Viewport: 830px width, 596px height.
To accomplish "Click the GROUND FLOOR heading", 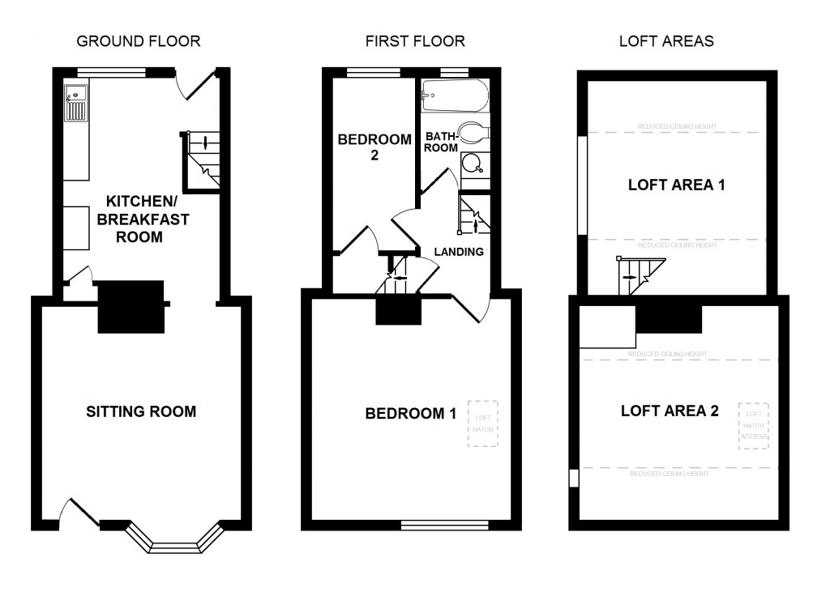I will tap(139, 40).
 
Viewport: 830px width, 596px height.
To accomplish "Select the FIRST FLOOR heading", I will tap(415, 40).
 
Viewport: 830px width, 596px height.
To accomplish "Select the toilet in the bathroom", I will tap(470, 132).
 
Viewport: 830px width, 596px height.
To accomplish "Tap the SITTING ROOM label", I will tap(141, 411).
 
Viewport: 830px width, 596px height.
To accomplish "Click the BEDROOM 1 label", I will tap(411, 414).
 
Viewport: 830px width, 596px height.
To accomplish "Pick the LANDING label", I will tap(459, 251).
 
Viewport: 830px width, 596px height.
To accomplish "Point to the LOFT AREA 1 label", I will tap(676, 185).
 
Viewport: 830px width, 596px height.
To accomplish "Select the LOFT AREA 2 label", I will tap(670, 411).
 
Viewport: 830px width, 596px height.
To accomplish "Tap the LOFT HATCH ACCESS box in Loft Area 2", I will tap(754, 425).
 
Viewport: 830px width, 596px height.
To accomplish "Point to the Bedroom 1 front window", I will tap(444, 525).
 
